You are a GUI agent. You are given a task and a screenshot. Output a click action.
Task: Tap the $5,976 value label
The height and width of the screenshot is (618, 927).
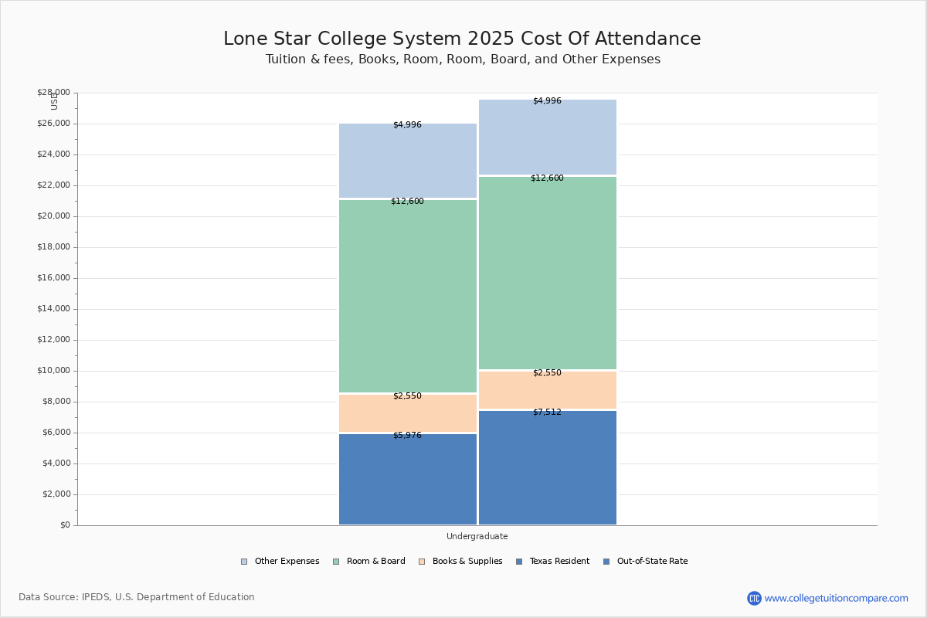pos(407,436)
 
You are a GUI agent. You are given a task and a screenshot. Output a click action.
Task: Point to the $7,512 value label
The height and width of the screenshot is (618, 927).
pos(547,413)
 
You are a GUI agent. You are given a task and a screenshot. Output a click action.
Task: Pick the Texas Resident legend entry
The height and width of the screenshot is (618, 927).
pos(552,562)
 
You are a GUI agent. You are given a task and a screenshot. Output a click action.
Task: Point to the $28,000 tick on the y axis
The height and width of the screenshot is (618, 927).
pos(53,93)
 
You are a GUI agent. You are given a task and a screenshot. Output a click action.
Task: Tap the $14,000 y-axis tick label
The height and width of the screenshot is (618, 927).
pos(53,309)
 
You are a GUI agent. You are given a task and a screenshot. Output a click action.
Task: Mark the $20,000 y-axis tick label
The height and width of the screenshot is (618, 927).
pos(53,216)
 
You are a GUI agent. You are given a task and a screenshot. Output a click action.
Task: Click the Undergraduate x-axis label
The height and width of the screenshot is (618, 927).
pos(477,536)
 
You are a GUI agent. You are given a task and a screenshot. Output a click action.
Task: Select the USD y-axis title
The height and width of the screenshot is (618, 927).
pos(54,102)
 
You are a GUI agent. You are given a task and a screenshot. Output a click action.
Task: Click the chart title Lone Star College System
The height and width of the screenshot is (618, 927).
pos(462,39)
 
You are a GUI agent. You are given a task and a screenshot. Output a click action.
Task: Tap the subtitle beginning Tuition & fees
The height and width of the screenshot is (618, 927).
pos(463,59)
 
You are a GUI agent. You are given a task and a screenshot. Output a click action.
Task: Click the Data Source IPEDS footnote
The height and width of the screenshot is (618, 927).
pos(137,597)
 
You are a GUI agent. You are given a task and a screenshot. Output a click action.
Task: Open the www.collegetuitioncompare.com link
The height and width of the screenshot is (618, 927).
pos(836,598)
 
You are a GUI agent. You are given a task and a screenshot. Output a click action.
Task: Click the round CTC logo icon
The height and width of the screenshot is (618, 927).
pos(754,598)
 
